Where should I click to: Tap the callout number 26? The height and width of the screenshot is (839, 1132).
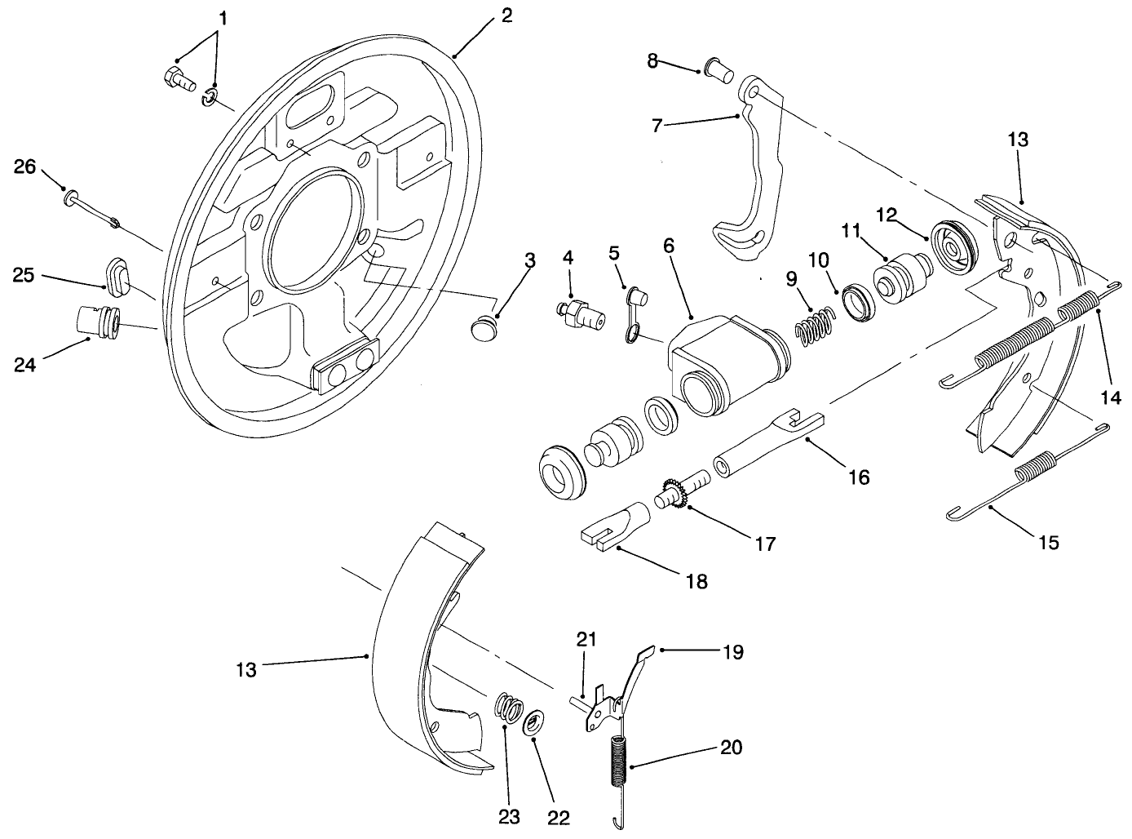[x=25, y=167]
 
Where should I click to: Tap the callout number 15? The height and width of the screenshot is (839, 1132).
[x=1049, y=542]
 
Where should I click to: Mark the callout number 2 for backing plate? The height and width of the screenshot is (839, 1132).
[x=506, y=16]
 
